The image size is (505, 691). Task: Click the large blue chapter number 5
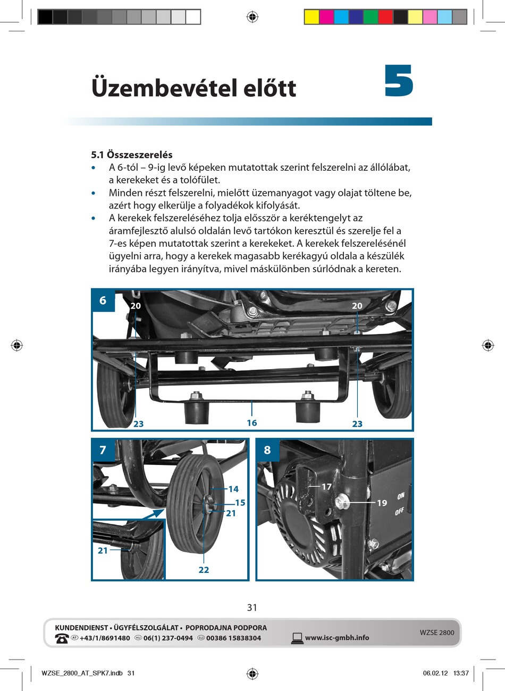tap(399, 81)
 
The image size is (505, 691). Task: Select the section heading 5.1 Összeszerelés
tap(132, 155)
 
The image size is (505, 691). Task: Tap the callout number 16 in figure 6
tap(251, 423)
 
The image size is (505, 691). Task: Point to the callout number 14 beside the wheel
tap(233, 489)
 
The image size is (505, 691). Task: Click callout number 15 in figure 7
tap(240, 503)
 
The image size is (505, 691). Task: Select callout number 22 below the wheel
tap(204, 570)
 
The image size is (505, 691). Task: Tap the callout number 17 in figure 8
tap(326, 486)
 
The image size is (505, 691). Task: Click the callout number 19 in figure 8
tap(382, 503)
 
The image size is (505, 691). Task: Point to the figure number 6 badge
tap(103, 301)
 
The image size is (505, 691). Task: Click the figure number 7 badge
tap(103, 450)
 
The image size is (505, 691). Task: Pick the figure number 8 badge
tap(267, 450)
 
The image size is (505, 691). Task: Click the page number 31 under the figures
tap(252, 607)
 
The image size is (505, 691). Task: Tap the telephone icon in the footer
tap(62, 638)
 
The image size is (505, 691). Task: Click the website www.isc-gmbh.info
tap(337, 638)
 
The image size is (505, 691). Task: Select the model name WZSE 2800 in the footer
tap(437, 632)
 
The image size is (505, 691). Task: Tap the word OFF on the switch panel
tap(400, 512)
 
